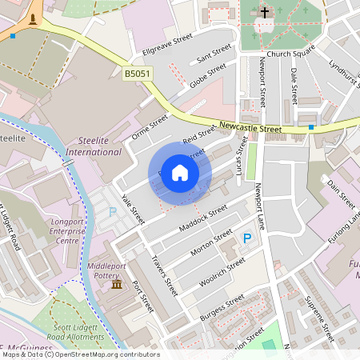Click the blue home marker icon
pyautogui.click(x=180, y=173)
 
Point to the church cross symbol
pyautogui.click(x=265, y=13)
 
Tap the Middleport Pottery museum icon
pyautogui.click(x=117, y=285)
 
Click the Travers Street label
pyautogui.click(x=165, y=271)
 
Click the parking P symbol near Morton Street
pyautogui.click(x=247, y=238)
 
